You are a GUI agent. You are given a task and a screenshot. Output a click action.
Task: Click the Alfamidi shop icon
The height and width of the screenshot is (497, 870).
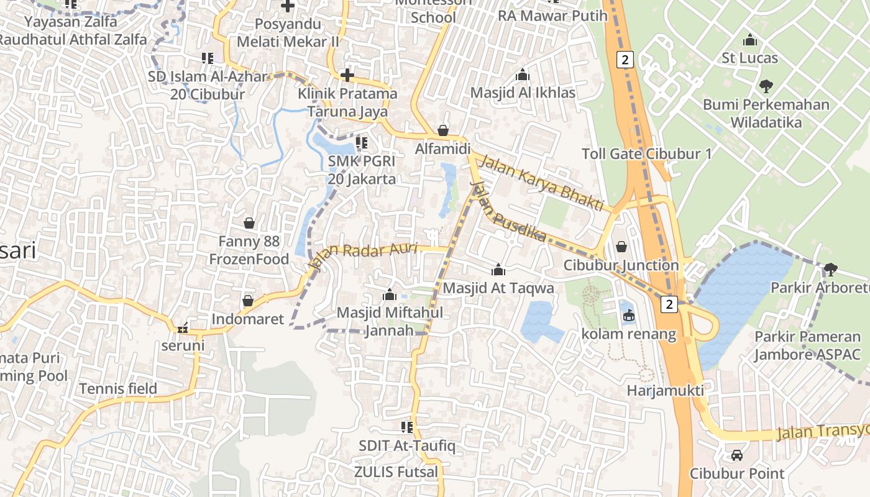443,130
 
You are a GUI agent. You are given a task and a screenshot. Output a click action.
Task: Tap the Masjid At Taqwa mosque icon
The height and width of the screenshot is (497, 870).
498,270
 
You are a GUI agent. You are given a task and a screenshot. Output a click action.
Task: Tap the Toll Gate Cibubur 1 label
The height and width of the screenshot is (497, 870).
646,154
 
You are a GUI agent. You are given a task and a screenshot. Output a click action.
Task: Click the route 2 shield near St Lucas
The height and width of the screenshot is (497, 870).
625,60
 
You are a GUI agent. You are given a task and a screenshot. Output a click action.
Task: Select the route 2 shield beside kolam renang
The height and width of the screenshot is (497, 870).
669,304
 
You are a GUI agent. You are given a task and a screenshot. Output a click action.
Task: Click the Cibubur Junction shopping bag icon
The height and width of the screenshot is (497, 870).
621,247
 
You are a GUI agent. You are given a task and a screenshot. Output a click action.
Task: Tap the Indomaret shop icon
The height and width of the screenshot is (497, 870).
248,301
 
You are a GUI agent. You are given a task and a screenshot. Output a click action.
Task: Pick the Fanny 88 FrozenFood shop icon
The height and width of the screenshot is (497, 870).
249,222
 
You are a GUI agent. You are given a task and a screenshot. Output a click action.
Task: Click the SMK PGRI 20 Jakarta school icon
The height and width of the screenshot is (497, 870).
362,143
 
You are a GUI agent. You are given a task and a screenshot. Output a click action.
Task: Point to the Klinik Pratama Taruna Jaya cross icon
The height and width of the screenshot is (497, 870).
347,76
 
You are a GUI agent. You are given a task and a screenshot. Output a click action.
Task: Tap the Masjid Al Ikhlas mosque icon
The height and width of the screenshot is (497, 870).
523,75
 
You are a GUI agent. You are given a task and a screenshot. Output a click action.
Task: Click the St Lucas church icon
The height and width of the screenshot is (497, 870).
750,40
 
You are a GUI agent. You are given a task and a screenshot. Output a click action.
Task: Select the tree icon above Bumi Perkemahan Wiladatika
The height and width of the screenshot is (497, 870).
766,86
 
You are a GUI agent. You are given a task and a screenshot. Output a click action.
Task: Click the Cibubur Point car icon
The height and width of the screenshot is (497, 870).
737,455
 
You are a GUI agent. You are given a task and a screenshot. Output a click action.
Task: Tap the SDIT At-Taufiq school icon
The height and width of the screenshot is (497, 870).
407,427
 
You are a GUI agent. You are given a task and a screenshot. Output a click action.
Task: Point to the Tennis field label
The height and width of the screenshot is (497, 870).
118,390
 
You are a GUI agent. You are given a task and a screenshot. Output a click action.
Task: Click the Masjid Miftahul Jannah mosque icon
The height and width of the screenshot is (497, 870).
390,294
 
